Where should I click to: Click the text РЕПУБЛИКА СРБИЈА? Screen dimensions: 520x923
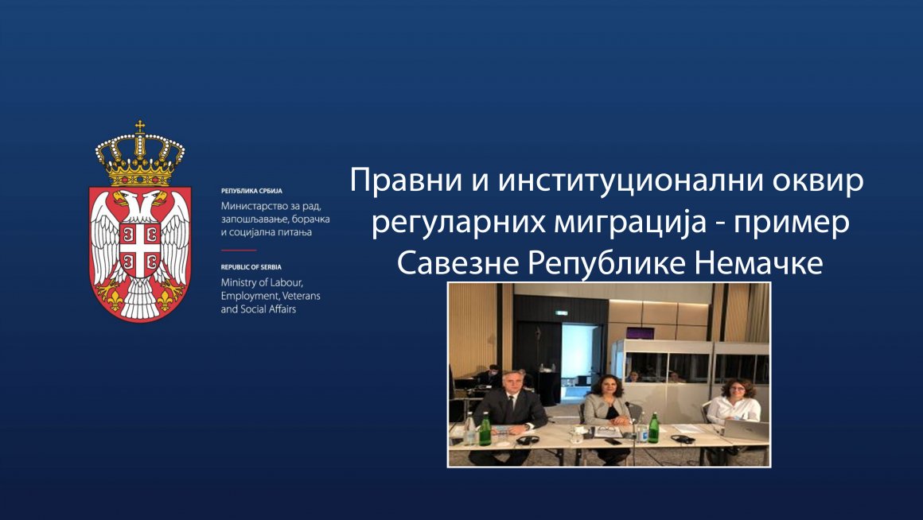click(x=251, y=192)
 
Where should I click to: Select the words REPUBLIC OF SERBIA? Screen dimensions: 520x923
click(x=251, y=268)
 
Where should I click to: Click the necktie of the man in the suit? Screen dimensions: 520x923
click(x=508, y=405)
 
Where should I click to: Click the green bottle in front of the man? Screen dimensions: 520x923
click(x=485, y=429)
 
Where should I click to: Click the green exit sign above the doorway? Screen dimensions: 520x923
click(x=562, y=312)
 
